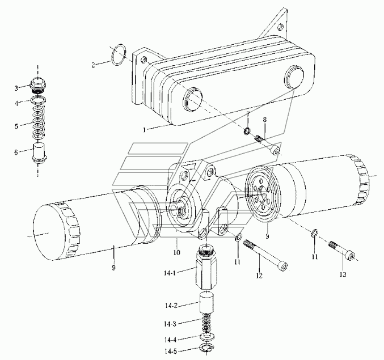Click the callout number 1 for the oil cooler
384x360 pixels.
(145, 130)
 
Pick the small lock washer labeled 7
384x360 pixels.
(247, 131)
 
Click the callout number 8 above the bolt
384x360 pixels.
(265, 120)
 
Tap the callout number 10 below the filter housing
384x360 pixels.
(176, 252)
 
